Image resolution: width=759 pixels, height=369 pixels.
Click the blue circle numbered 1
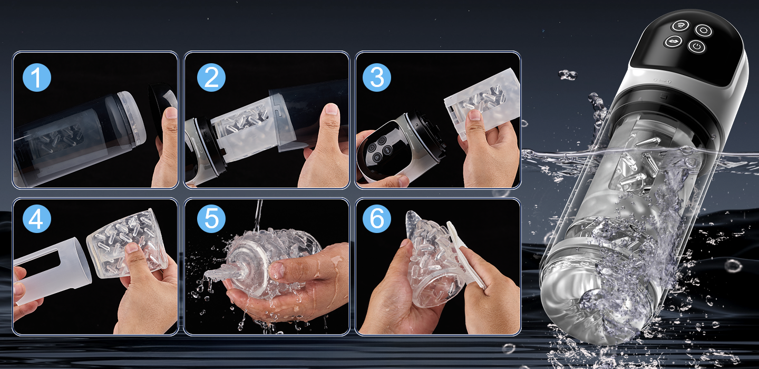pyautogui.click(x=37, y=77)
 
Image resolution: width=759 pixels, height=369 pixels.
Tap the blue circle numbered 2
pyautogui.click(x=211, y=77)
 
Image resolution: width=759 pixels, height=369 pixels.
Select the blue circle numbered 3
pyautogui.click(x=377, y=77)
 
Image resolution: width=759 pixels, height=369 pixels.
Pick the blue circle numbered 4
pyautogui.click(x=37, y=219)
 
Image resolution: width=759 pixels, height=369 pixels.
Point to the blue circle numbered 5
pyautogui.click(x=211, y=219)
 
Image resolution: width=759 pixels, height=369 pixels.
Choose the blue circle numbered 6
pyautogui.click(x=377, y=219)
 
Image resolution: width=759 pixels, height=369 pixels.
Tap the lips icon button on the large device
pyautogui.click(x=672, y=41)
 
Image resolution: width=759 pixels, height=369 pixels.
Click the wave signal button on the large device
pyautogui.click(x=681, y=25)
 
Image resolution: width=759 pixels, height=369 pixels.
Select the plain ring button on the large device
pyautogui.click(x=704, y=31)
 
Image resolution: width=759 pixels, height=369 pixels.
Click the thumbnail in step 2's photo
pyautogui.click(x=332, y=109)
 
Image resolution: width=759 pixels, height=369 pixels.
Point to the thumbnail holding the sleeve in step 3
pyautogui.click(x=474, y=115)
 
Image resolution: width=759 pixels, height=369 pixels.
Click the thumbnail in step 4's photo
pyautogui.click(x=132, y=248)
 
